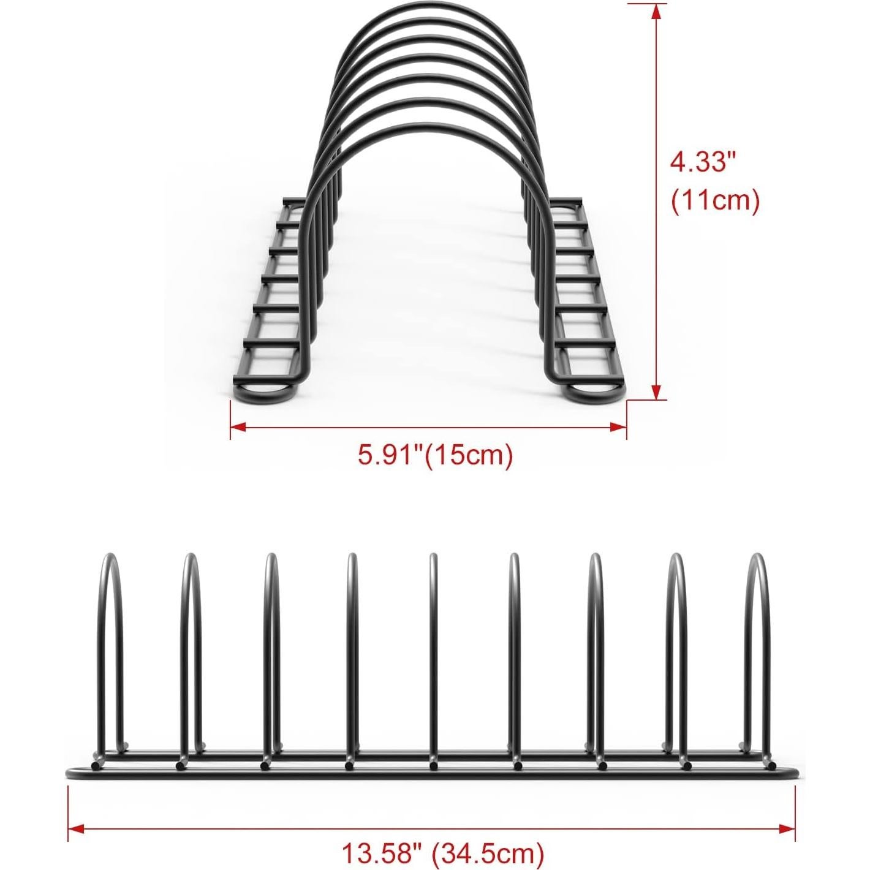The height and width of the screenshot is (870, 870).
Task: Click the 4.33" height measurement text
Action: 702,162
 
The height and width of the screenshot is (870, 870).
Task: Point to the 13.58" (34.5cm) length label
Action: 442,852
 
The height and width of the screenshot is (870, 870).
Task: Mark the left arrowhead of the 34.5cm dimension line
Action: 75,828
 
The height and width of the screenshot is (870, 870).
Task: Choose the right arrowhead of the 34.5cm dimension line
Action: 788,828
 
